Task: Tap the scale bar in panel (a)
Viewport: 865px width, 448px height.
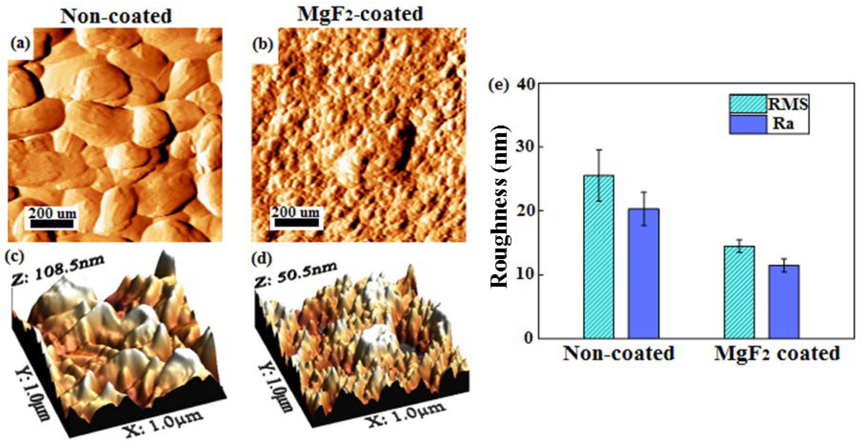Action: pyautogui.click(x=52, y=224)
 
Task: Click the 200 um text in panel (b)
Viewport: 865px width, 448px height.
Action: pyautogui.click(x=296, y=212)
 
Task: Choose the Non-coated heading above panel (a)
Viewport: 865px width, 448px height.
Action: pyautogui.click(x=116, y=16)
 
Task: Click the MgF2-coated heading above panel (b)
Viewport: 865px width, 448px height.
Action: pyautogui.click(x=360, y=14)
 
